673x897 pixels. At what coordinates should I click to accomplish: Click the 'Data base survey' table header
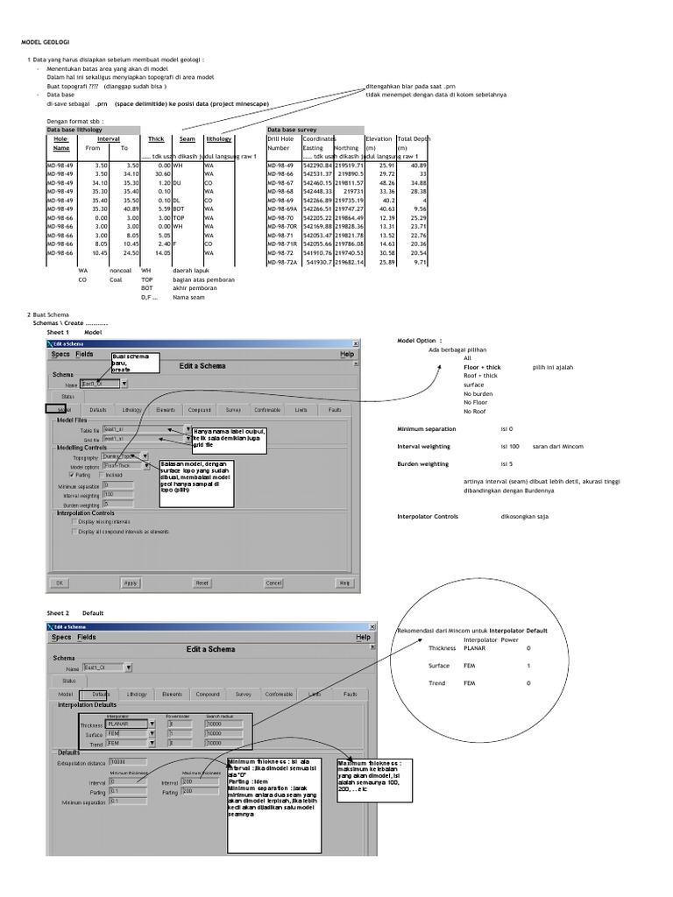[294, 129]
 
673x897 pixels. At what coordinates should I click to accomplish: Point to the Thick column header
[156, 139]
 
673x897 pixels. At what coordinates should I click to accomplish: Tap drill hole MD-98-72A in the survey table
[283, 261]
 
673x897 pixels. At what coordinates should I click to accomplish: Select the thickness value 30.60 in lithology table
[158, 173]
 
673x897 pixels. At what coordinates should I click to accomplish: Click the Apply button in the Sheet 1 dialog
[130, 583]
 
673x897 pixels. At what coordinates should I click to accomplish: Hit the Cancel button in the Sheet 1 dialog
[273, 583]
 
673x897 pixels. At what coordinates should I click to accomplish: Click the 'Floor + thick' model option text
[482, 367]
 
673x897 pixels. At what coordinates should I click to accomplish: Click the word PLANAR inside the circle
[474, 648]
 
